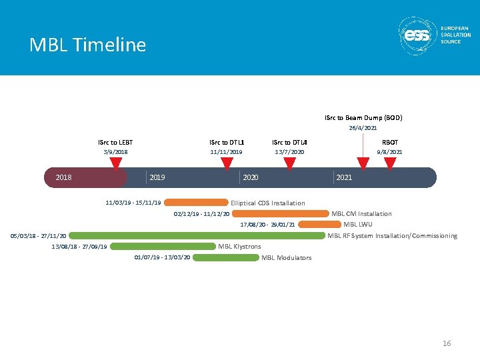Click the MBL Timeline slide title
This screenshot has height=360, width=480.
[87, 45]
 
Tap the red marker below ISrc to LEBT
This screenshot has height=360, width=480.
[115, 162]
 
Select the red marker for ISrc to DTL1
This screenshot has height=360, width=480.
[226, 162]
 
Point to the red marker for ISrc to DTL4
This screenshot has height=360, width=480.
[289, 162]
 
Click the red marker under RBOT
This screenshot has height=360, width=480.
[390, 162]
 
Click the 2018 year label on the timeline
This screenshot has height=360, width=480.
[64, 178]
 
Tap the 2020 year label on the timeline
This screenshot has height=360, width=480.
[251, 178]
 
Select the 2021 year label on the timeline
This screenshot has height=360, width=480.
[344, 178]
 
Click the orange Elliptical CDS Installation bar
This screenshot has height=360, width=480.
[196, 203]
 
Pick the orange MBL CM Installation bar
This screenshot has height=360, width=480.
[280, 214]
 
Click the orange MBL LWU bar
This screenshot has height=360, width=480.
[319, 225]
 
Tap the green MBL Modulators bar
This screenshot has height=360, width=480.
[225, 257]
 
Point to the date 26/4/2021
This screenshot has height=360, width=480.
[363, 127]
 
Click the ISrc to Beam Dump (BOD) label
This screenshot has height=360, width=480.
[363, 117]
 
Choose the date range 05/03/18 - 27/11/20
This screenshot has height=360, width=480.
[38, 235]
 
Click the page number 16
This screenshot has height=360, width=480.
[447, 343]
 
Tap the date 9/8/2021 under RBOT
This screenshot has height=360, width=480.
[389, 152]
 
